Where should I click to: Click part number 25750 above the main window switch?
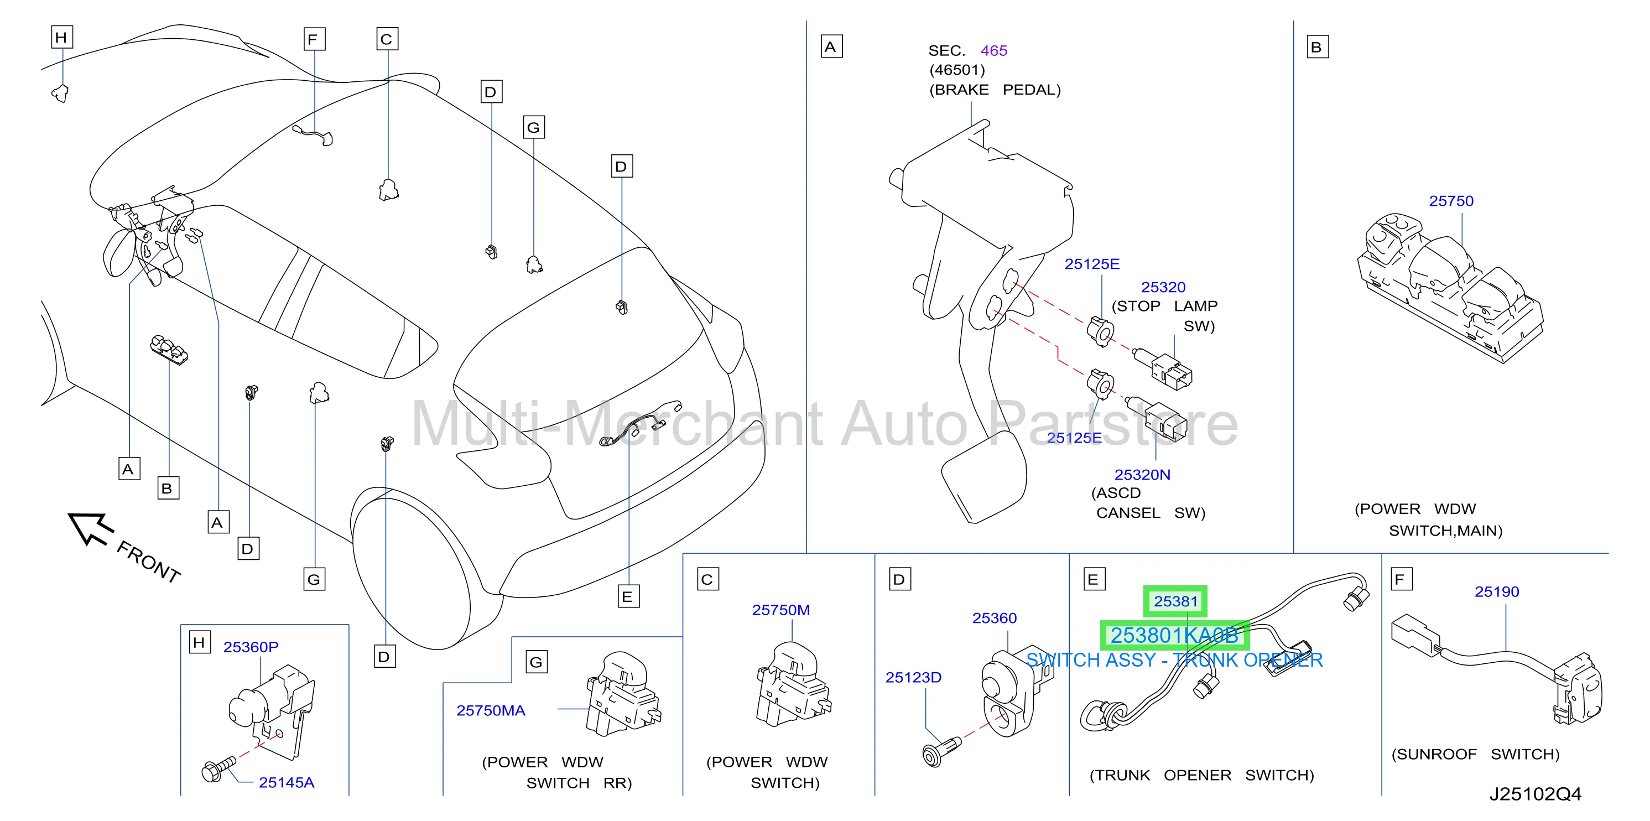point(1451,201)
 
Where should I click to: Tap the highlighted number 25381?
point(1175,601)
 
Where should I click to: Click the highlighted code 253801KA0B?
point(1174,635)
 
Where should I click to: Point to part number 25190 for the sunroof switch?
point(1496,592)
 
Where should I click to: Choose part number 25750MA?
point(491,710)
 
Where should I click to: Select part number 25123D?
point(913,677)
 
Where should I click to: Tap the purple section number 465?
point(993,50)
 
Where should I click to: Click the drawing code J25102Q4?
point(1535,794)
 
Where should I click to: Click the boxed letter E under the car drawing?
point(628,597)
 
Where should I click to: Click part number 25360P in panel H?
point(251,647)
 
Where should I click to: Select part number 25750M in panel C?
point(781,610)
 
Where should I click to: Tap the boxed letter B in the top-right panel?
point(1317,48)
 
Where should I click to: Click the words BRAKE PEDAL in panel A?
point(995,90)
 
